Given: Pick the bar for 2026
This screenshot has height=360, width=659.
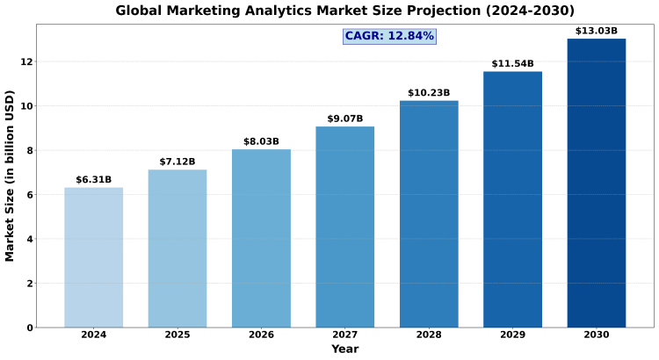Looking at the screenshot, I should click(261, 238).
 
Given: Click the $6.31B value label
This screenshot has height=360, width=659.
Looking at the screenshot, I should click(93, 180).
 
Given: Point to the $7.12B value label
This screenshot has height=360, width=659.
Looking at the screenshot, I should click(177, 162).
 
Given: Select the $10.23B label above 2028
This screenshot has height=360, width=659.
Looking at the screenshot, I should click(429, 93).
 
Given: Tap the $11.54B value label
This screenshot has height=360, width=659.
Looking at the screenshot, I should click(512, 64).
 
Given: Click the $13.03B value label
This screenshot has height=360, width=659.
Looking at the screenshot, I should click(597, 32).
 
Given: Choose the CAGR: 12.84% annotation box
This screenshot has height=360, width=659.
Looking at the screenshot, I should click(389, 36).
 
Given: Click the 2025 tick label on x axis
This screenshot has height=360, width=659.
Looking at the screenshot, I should click(177, 335).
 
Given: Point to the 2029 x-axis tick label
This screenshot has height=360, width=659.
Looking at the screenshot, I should click(512, 335).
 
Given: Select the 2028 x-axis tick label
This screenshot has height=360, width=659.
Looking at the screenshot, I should click(429, 335).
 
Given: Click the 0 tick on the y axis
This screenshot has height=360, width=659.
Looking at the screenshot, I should click(31, 328).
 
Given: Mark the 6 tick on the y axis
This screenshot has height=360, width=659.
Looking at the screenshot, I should click(31, 195).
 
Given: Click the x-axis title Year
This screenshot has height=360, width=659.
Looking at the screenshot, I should click(345, 349).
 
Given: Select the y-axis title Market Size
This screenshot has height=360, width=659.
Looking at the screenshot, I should click(11, 176).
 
